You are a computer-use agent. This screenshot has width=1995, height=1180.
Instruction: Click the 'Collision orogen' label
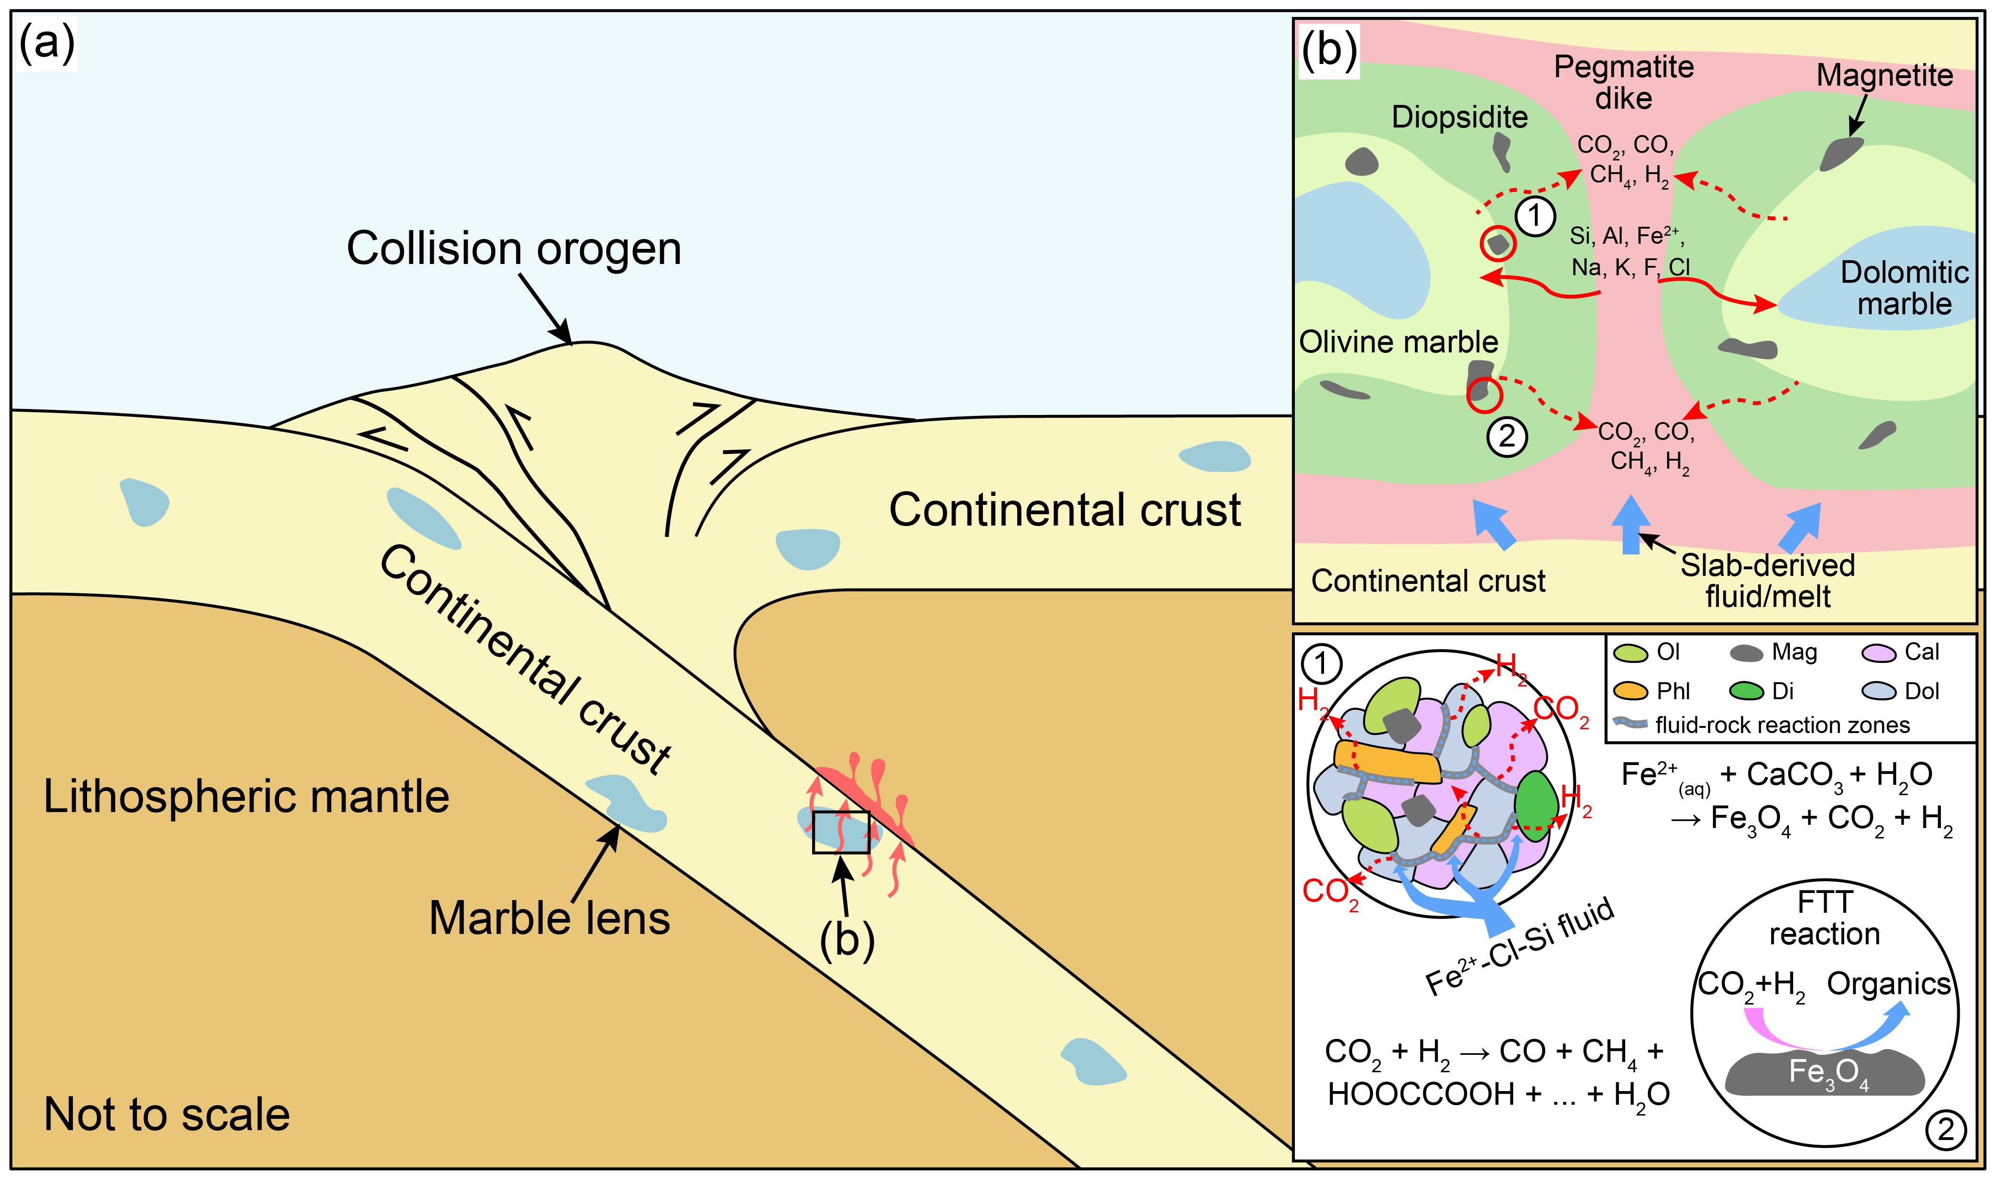(514, 249)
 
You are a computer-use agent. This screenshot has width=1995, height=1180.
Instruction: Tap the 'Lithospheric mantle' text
(247, 797)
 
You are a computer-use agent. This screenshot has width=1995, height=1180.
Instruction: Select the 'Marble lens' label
(550, 918)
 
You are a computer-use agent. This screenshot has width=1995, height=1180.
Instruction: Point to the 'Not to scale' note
(167, 1114)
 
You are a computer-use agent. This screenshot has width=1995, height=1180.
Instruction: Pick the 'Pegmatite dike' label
(1624, 83)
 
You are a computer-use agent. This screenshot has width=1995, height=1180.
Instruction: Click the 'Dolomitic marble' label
(1904, 288)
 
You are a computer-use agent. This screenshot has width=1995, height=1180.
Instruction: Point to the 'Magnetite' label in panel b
(1884, 76)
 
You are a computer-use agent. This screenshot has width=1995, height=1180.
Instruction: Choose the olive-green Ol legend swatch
(1630, 654)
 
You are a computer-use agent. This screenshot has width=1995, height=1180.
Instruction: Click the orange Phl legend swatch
(1630, 692)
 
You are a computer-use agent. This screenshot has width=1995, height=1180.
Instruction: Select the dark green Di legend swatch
(1748, 692)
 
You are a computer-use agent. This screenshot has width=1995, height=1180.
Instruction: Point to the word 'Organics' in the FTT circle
(1889, 984)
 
